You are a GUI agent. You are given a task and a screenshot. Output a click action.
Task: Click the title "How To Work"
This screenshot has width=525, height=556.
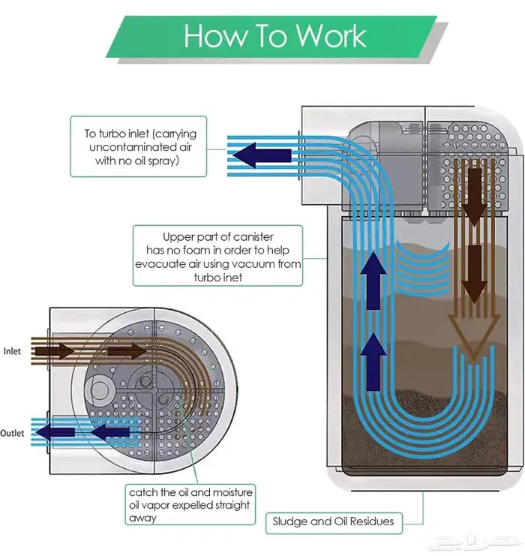point(275,36)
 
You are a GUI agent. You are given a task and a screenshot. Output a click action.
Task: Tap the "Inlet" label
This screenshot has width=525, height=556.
point(12,350)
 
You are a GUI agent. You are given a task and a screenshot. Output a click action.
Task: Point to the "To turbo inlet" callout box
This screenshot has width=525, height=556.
point(139,147)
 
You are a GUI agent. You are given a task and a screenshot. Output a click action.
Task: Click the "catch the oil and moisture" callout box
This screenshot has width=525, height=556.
point(190,505)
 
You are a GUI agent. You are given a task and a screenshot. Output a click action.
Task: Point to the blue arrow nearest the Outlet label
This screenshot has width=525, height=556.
point(56,433)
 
